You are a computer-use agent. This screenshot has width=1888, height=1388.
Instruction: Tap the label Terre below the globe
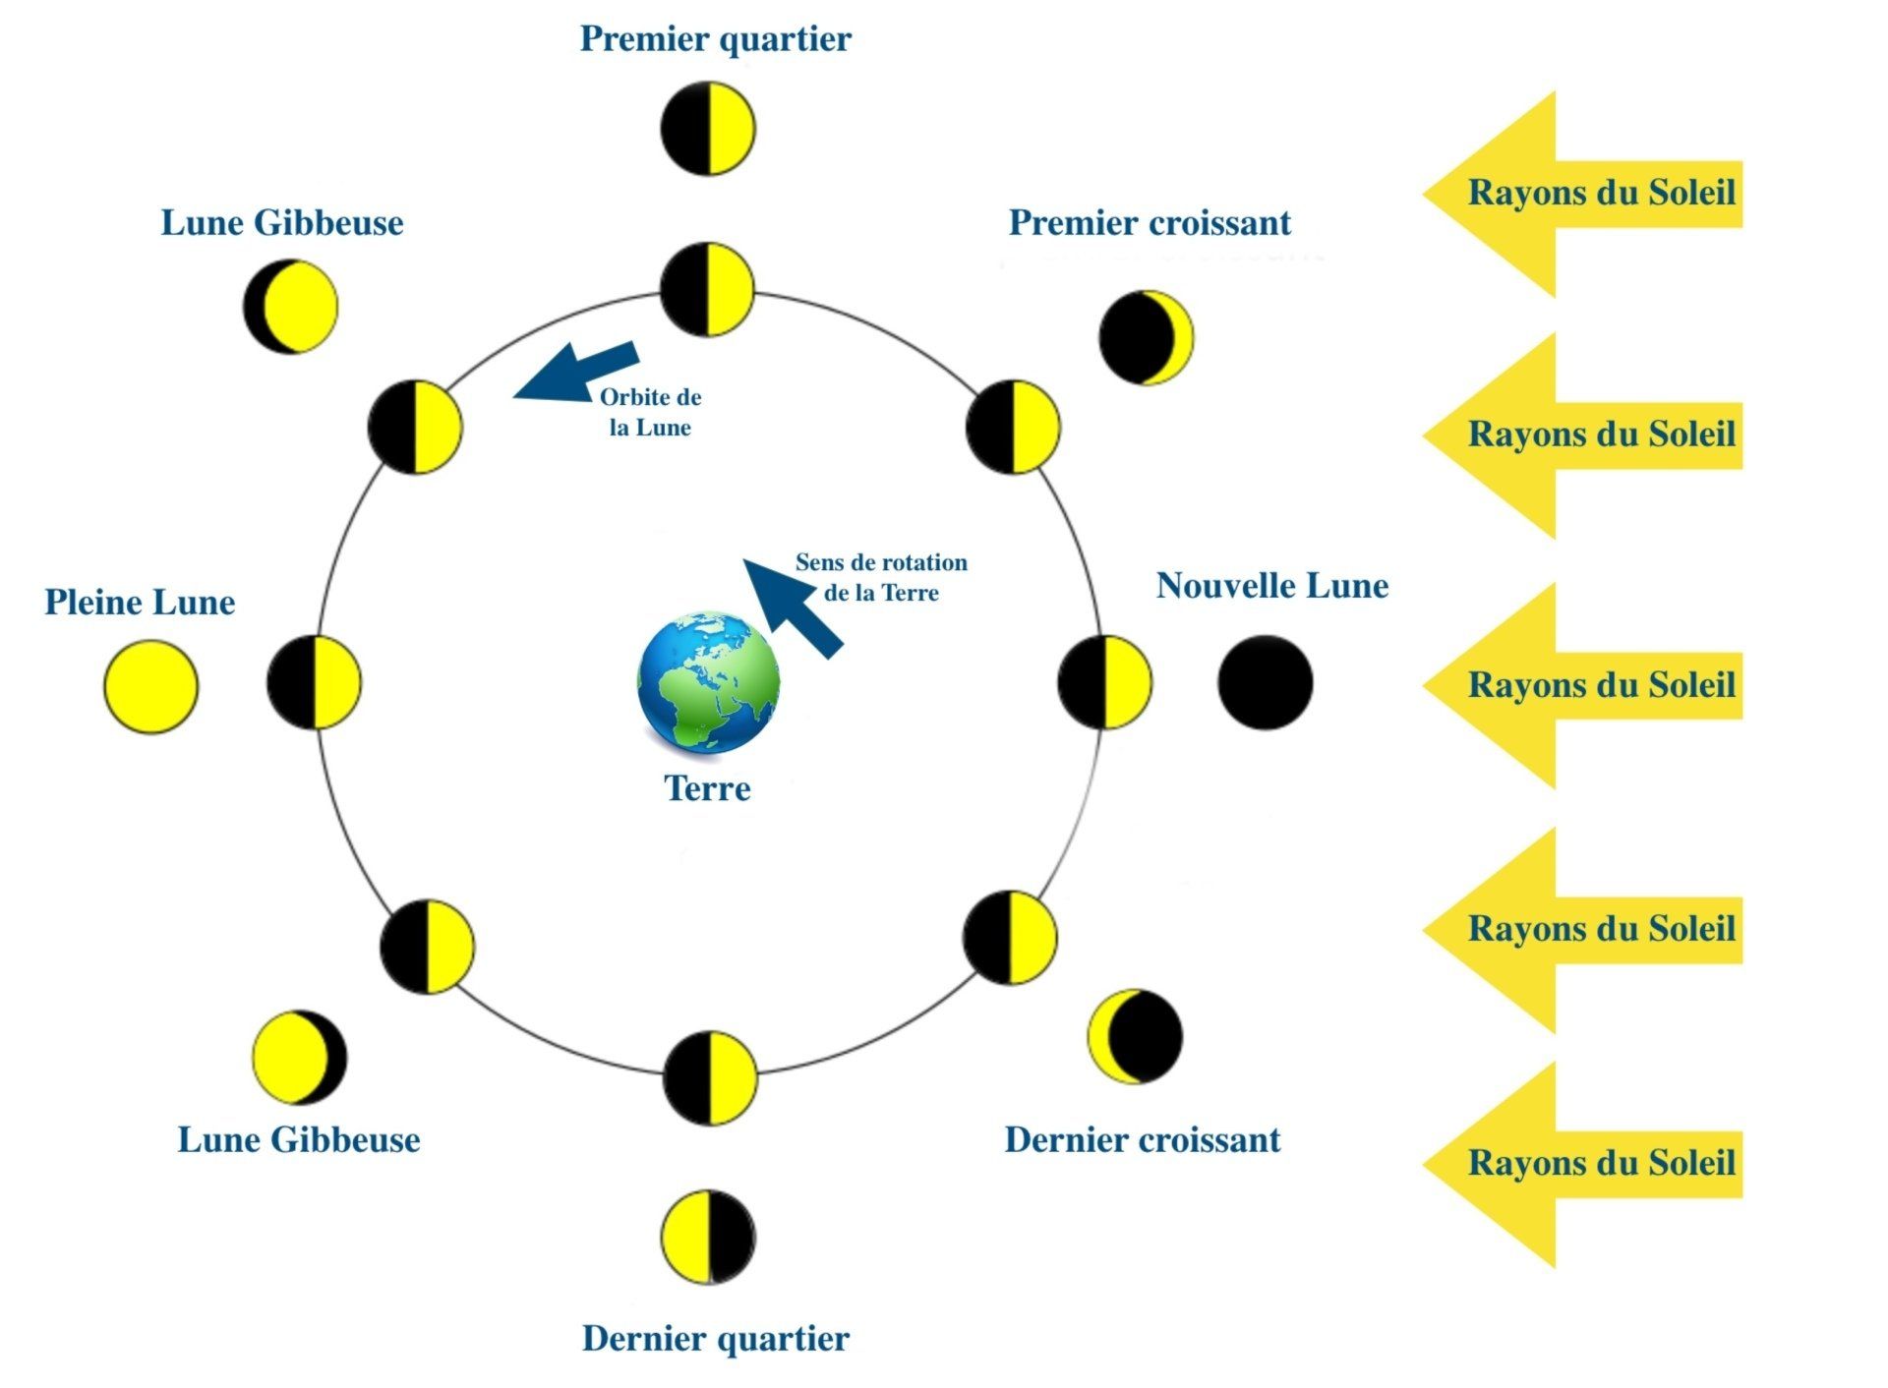click(707, 788)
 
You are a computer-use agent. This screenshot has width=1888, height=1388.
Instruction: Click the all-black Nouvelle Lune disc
click(1265, 682)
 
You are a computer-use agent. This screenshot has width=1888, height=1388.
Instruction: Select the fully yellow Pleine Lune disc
click(150, 686)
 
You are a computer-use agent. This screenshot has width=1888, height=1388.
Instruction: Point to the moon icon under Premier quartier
click(707, 129)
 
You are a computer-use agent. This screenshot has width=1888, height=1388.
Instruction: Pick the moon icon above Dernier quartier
click(708, 1237)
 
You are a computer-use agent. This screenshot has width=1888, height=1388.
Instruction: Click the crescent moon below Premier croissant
click(1146, 337)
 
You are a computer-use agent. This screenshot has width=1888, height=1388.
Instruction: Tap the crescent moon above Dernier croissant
click(1135, 1036)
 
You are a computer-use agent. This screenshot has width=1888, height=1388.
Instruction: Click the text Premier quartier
click(715, 39)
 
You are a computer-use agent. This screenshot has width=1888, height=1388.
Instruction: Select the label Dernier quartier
click(715, 1339)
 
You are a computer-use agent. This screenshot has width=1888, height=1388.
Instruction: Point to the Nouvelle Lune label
click(1271, 586)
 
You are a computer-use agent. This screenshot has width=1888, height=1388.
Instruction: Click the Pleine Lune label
click(140, 603)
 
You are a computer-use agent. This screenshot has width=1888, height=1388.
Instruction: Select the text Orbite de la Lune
click(650, 412)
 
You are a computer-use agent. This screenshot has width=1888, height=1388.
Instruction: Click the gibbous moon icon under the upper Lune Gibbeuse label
click(290, 307)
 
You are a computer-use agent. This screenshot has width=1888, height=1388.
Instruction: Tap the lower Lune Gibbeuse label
click(299, 1140)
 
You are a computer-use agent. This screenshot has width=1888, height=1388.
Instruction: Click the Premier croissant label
click(1150, 223)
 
